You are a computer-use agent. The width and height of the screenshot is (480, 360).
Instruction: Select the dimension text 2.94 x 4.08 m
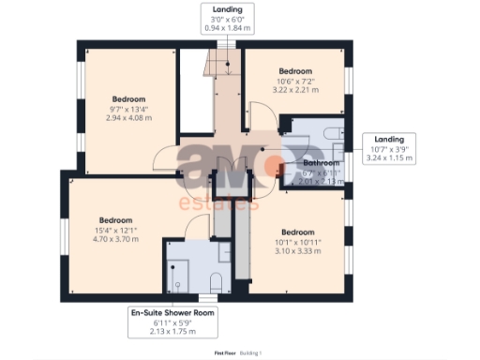click(x=128, y=118)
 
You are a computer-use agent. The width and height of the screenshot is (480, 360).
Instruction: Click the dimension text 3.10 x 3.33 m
click(x=295, y=252)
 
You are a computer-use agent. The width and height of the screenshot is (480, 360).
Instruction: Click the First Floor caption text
click(x=226, y=352)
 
